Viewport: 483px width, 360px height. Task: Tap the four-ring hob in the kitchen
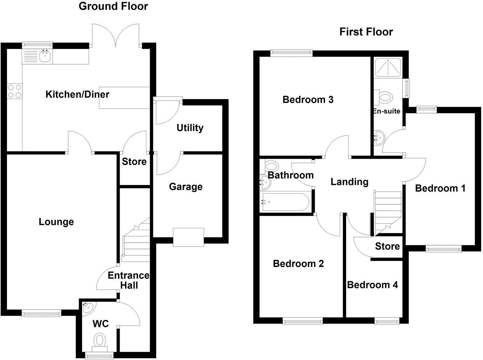click(14, 91)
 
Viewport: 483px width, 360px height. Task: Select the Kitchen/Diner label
click(77, 94)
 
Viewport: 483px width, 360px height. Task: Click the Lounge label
click(56, 222)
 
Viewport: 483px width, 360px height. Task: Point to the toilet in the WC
click(100, 341)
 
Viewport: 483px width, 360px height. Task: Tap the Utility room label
click(190, 127)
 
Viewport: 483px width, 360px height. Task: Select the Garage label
click(186, 186)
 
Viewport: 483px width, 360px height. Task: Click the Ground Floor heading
click(113, 6)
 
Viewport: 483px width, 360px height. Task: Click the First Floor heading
click(366, 32)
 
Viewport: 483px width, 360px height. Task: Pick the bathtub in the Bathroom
click(285, 202)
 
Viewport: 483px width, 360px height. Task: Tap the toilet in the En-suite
click(385, 97)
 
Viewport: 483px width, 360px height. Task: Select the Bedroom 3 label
click(308, 100)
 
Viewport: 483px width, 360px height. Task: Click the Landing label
click(349, 182)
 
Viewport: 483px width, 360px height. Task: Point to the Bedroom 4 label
click(372, 284)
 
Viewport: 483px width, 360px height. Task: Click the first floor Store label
click(387, 246)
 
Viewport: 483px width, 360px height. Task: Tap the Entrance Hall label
click(128, 280)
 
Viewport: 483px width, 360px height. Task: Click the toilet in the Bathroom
click(271, 166)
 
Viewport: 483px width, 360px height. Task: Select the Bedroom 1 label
click(440, 188)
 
